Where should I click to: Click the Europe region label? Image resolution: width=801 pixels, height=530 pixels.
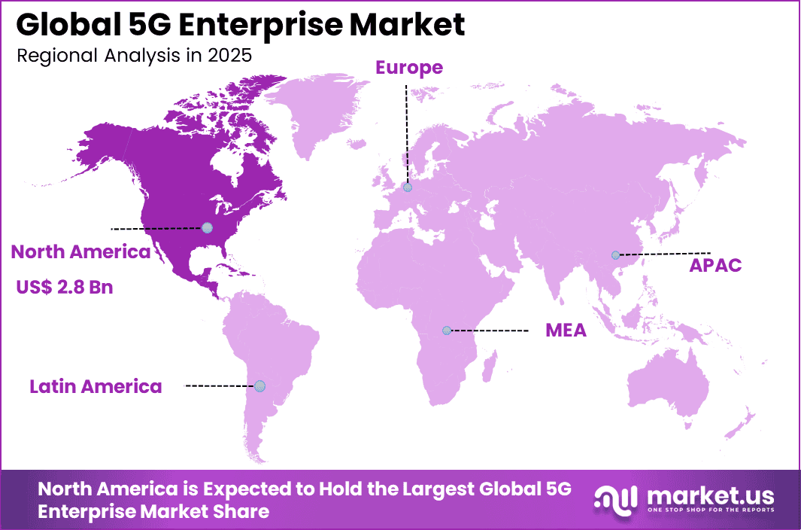[x=409, y=68]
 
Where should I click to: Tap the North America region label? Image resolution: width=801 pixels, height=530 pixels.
[x=80, y=252]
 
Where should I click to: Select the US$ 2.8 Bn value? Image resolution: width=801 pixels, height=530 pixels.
[x=65, y=286]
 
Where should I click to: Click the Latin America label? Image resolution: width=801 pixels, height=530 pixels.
[x=96, y=387]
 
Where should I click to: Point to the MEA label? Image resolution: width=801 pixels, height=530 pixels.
[x=566, y=330]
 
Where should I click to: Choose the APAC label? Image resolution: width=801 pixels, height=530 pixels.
[x=716, y=265]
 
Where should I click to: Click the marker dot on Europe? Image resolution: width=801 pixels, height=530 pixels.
[x=407, y=187]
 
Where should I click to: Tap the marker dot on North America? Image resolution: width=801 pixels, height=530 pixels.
[x=207, y=227]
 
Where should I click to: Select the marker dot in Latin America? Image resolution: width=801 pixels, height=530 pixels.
[x=259, y=385]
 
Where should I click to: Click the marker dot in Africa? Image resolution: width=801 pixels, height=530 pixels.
[x=447, y=330]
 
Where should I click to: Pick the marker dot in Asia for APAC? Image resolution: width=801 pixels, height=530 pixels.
[x=615, y=254]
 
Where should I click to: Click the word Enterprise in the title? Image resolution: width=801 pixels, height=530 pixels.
[x=249, y=25]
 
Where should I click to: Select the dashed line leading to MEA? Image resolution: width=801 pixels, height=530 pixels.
[x=489, y=330]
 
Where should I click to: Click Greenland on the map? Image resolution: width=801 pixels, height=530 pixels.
[x=308, y=113]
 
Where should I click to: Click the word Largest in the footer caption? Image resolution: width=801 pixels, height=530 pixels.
[x=426, y=489]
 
